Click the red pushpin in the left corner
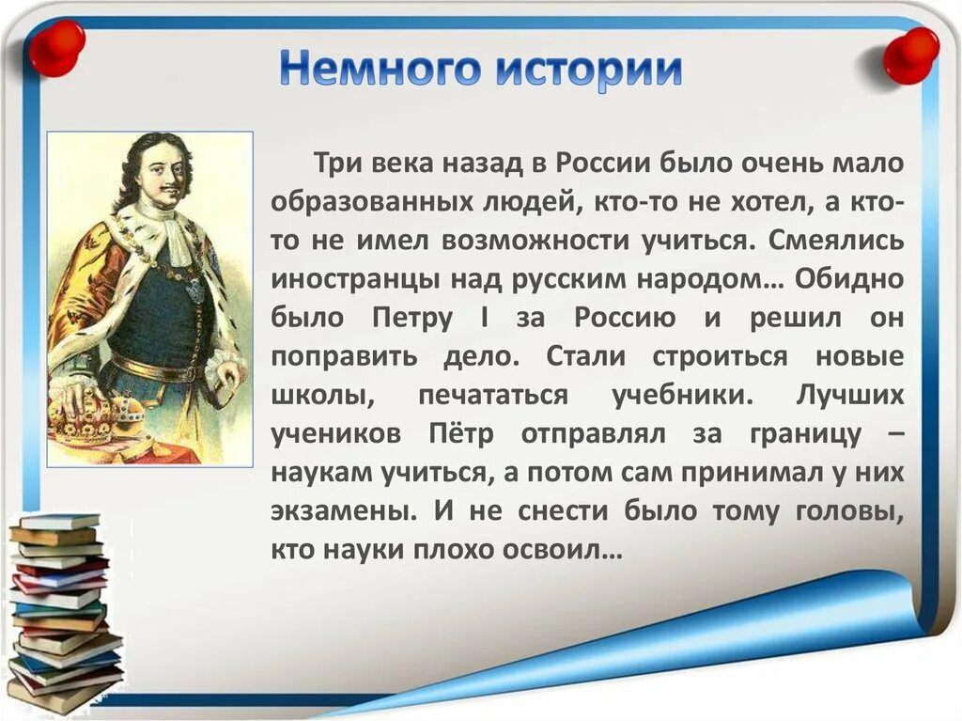coord(55,47)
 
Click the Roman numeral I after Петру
coord(482,318)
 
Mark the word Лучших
coord(849,396)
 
